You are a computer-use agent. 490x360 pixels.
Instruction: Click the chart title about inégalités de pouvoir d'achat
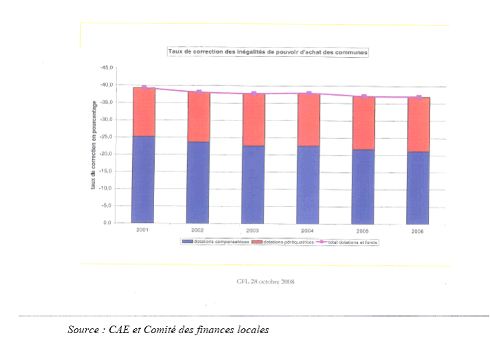click(268, 52)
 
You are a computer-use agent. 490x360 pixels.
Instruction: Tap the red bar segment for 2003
click(253, 119)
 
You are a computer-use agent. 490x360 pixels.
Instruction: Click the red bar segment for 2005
click(363, 123)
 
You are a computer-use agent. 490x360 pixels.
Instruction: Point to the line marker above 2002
click(199, 92)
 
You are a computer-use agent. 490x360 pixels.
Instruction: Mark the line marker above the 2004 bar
click(309, 93)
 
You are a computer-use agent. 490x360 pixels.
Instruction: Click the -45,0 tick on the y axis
click(105, 68)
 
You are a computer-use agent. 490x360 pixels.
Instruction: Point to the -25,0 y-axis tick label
click(105, 137)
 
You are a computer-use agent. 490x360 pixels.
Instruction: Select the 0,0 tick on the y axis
click(107, 223)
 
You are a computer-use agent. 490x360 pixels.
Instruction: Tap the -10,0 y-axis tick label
click(105, 189)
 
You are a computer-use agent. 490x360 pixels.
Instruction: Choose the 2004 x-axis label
click(308, 231)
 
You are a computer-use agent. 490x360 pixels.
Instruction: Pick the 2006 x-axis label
click(418, 232)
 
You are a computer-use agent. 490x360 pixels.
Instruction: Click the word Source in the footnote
click(83, 330)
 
